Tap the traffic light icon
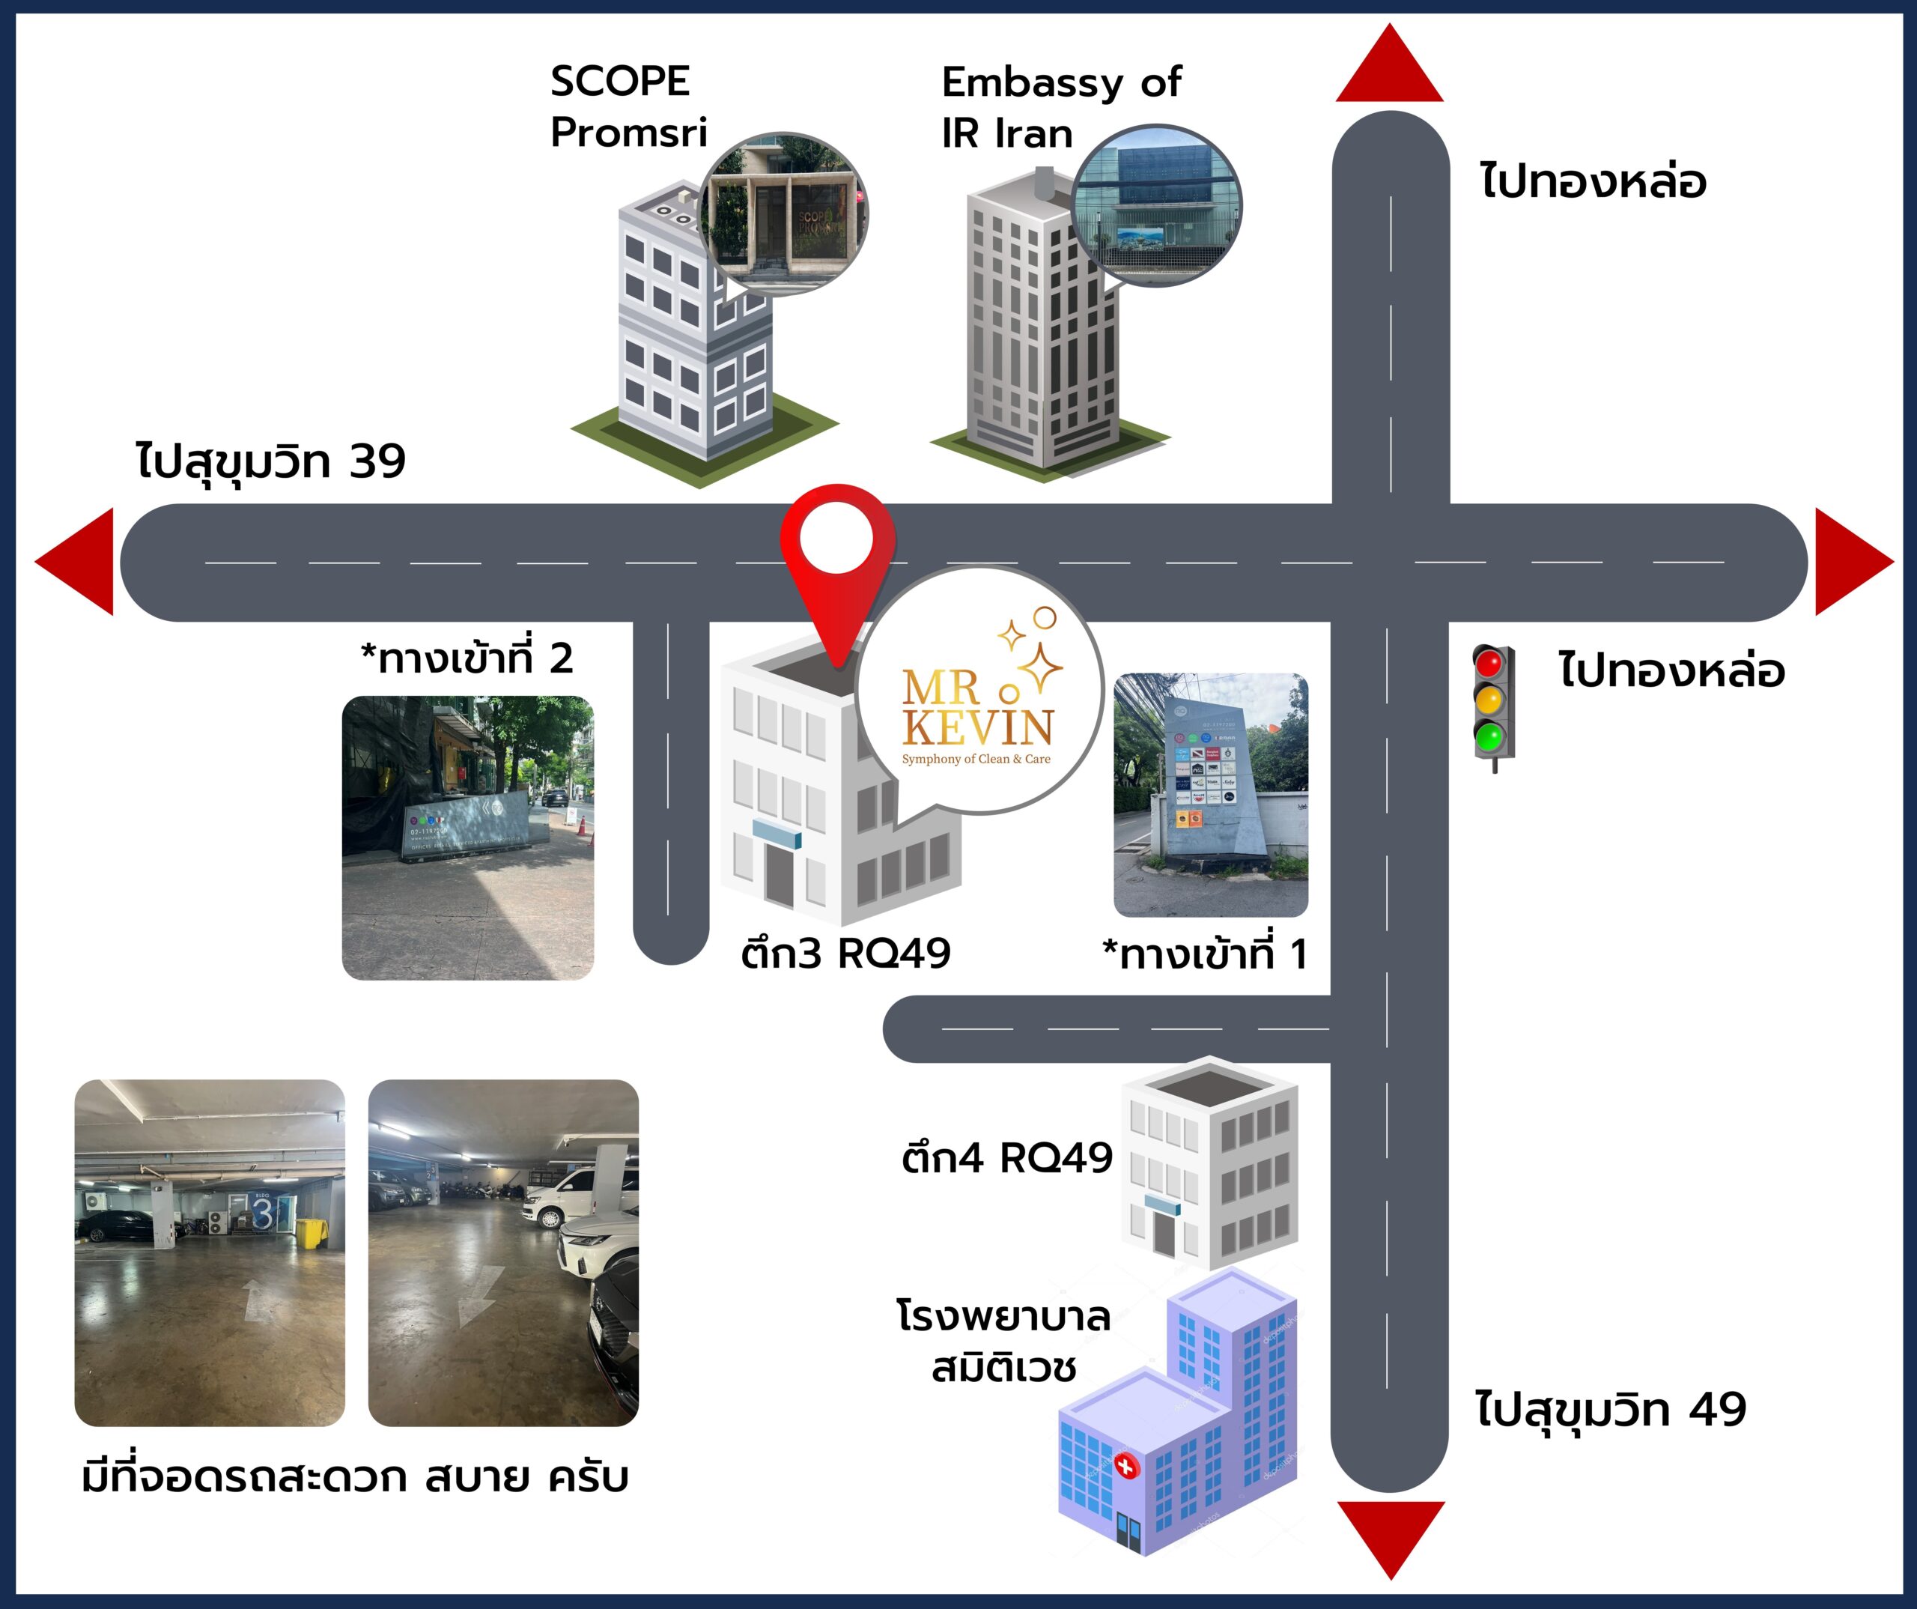(1493, 703)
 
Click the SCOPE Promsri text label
(628, 107)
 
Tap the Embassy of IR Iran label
(1059, 108)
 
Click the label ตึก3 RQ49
(845, 954)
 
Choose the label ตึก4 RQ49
(1006, 1158)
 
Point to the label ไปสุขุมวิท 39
(271, 461)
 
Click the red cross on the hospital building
(1126, 1467)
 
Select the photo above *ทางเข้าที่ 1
(1210, 795)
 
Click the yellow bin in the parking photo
(310, 1233)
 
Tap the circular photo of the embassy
(1155, 204)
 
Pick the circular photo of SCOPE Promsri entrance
(783, 214)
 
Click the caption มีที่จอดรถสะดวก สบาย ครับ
(355, 1476)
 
